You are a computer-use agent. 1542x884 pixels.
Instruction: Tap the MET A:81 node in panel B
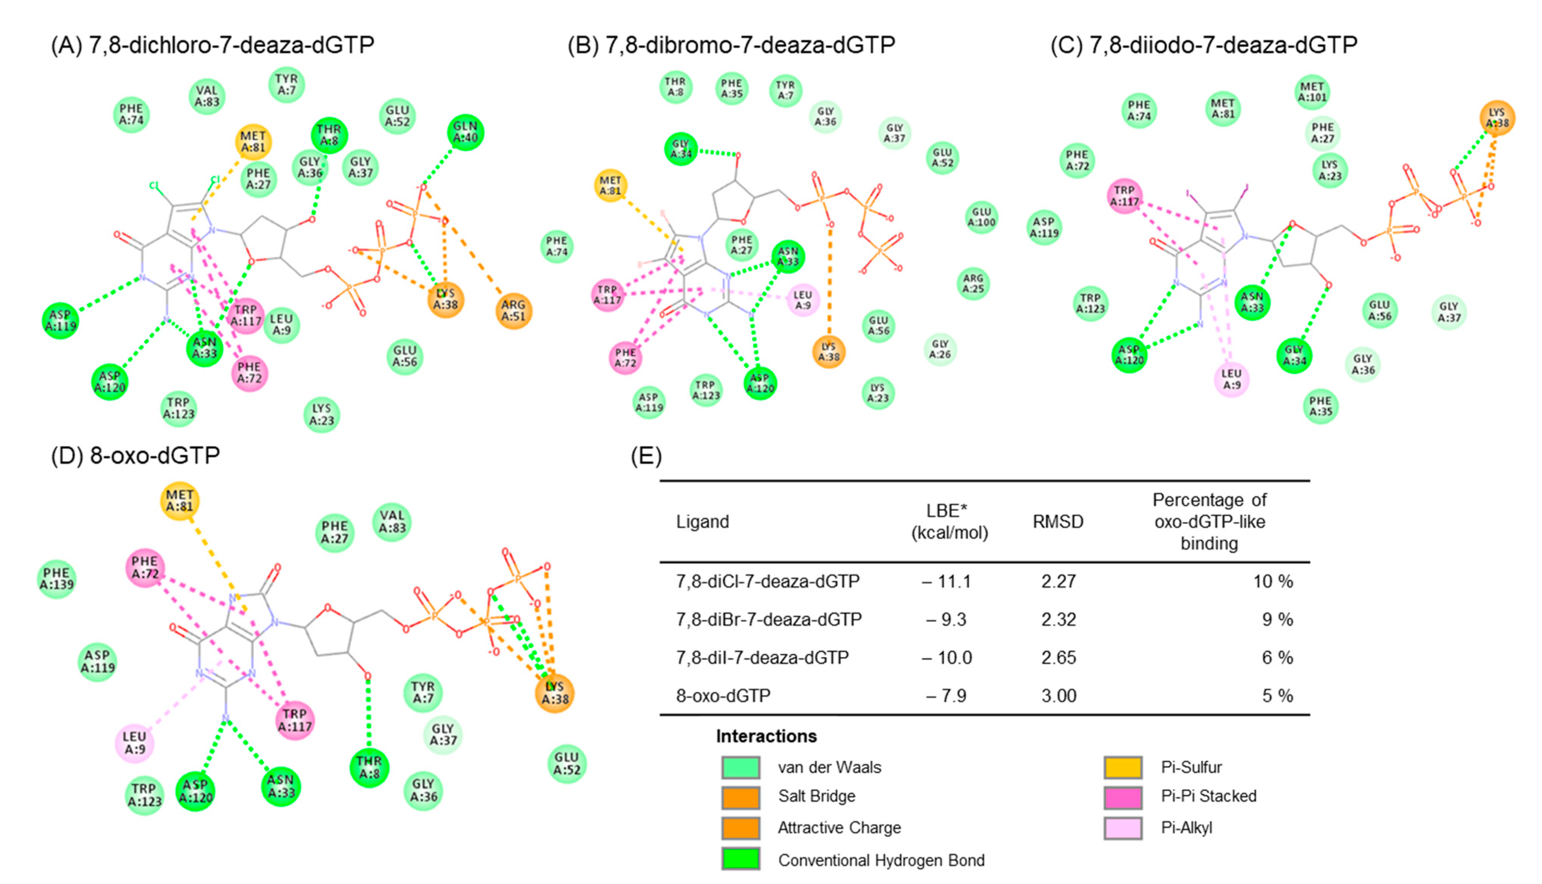610,185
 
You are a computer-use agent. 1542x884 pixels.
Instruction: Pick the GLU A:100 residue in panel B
982,217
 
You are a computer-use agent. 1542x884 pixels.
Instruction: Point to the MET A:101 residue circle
1312,92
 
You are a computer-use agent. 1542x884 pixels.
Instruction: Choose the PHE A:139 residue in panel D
56,579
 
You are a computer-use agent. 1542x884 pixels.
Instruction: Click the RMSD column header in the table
1058,521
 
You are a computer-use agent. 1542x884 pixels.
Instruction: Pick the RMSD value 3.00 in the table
1059,695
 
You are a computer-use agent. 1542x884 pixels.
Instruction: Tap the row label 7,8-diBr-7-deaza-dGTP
769,619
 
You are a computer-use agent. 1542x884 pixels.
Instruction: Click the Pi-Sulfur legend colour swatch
1122,767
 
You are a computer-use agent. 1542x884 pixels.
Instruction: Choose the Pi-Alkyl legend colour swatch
1122,828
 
